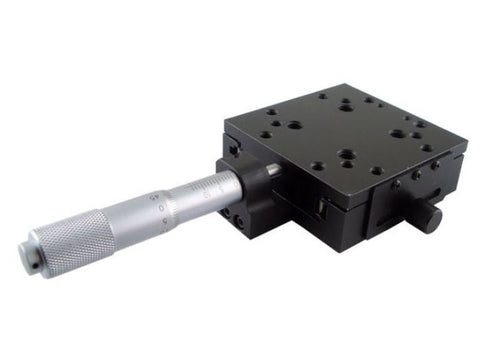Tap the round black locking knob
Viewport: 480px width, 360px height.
point(428,217)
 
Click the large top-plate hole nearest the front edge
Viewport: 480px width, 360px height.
point(345,156)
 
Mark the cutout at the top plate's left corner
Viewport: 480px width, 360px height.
point(232,146)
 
